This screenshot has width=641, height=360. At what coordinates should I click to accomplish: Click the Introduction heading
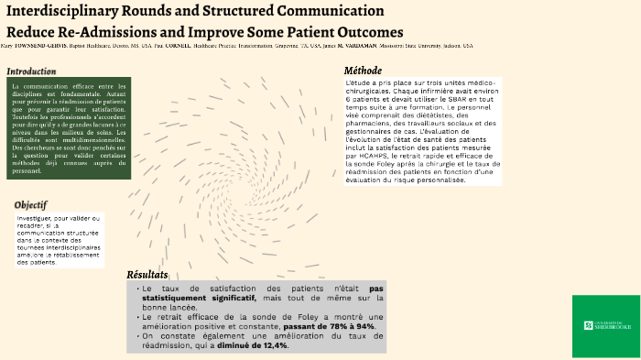pos(31,71)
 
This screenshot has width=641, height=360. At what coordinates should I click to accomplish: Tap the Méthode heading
pos(363,71)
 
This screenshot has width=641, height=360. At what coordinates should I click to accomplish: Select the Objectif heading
pos(30,204)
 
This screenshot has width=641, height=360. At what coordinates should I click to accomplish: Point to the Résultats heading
pos(147,274)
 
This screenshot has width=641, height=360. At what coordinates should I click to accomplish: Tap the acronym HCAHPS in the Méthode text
pos(369,157)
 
